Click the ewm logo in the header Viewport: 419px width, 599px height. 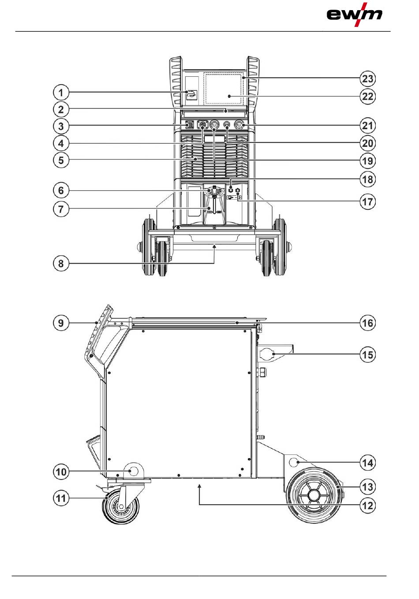click(x=354, y=15)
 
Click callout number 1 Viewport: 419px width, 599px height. click(x=61, y=93)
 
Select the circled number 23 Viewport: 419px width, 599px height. click(x=367, y=79)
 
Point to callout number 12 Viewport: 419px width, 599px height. click(x=367, y=505)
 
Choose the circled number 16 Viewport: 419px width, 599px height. click(x=367, y=323)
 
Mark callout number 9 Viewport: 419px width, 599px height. click(x=61, y=323)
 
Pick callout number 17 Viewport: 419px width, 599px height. click(x=367, y=202)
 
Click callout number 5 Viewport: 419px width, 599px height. click(x=61, y=160)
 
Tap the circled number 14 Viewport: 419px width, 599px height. click(x=367, y=463)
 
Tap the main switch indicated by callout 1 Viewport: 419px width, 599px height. click(x=191, y=93)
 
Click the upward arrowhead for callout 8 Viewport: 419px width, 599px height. click(x=214, y=248)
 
